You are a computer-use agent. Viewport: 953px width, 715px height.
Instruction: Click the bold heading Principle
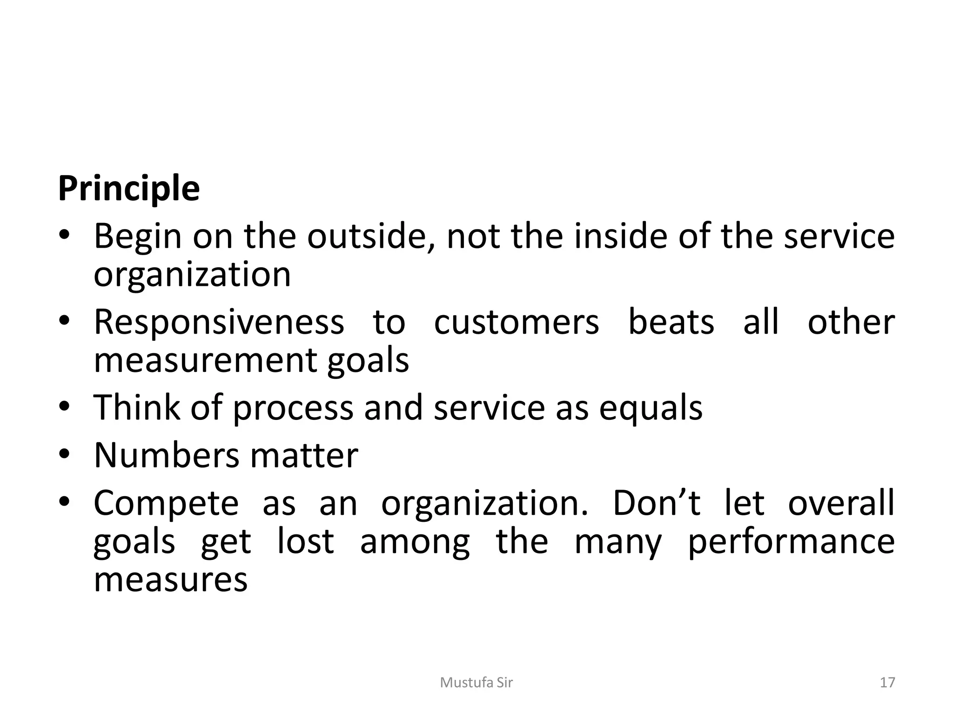(x=129, y=189)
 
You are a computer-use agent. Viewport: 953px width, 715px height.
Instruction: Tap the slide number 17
(x=887, y=682)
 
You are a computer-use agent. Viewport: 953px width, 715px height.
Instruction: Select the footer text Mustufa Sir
(x=476, y=682)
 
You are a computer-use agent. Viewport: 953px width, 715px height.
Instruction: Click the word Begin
(x=138, y=237)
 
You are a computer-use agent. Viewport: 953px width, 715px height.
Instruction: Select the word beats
(x=671, y=322)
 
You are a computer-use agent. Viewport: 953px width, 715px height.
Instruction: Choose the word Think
(x=136, y=407)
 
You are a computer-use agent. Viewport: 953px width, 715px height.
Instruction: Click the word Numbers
(x=166, y=455)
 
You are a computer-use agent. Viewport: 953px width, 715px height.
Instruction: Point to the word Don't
(x=657, y=503)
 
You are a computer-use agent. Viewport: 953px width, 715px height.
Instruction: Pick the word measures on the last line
(x=171, y=580)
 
